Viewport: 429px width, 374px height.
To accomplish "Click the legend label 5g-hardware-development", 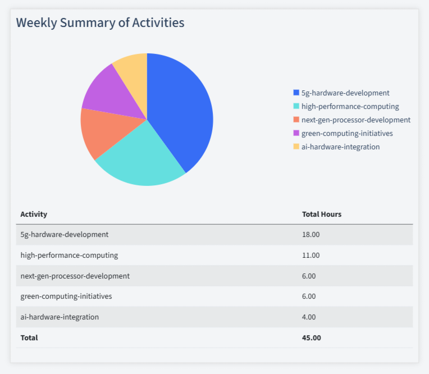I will pos(345,93).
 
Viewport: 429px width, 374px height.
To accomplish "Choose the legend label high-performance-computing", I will pos(350,106).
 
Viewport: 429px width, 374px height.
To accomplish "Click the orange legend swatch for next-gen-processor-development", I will pos(296,120).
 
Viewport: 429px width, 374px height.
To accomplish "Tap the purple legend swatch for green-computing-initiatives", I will pos(296,133).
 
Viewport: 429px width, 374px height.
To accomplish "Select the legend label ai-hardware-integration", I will pos(340,147).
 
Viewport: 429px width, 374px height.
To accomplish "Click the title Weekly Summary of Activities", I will pos(100,22).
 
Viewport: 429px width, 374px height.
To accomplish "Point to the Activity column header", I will pos(34,214).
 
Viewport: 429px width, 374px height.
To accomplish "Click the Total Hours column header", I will pos(322,214).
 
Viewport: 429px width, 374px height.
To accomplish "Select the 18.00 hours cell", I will pos(311,234).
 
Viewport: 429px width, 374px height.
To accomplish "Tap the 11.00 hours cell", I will pos(311,255).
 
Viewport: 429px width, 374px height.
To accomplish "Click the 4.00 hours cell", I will pos(309,317).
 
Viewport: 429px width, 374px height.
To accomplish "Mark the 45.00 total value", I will pos(312,337).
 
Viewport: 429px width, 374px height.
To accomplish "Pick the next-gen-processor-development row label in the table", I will pos(75,276).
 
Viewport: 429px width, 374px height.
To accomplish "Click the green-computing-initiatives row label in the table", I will pos(66,296).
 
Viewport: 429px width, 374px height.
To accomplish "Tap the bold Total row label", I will pos(29,337).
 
